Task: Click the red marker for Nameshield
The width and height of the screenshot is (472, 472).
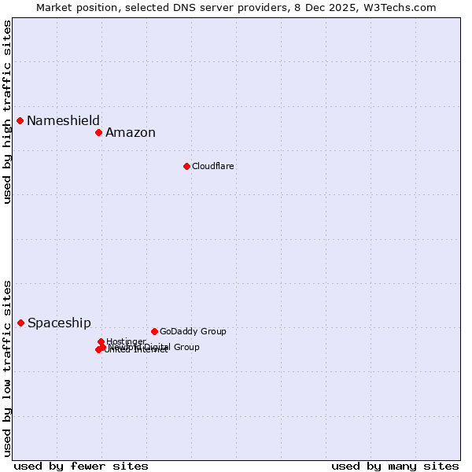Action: point(20,120)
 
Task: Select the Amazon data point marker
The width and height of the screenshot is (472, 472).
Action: point(99,132)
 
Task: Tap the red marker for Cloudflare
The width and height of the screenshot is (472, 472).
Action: point(186,166)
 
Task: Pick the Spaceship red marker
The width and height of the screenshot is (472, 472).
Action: point(21,323)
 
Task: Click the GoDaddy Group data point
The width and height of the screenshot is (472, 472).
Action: point(154,331)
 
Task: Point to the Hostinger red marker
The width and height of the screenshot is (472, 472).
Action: point(101,341)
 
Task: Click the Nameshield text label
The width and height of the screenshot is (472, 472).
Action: point(63,120)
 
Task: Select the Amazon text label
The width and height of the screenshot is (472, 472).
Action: point(131,132)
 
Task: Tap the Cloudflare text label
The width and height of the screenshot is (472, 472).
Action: point(213,166)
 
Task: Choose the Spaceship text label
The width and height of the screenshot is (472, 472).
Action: point(59,323)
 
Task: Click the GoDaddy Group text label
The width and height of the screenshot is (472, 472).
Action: point(193,331)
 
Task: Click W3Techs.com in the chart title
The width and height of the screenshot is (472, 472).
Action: point(404,7)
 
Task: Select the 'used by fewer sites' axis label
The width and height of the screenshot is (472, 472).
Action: point(81,466)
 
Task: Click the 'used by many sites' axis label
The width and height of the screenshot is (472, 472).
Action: point(395,466)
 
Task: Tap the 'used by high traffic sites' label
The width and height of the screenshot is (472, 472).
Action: point(7,112)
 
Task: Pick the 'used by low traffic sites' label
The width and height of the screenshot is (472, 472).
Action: point(7,367)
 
